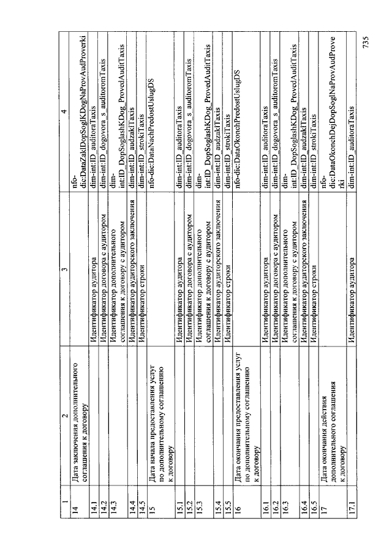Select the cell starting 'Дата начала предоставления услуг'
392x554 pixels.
tap(159, 404)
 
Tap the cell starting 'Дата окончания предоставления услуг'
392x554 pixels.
tap(245, 404)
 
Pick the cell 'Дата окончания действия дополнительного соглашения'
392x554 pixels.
tap(331, 404)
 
